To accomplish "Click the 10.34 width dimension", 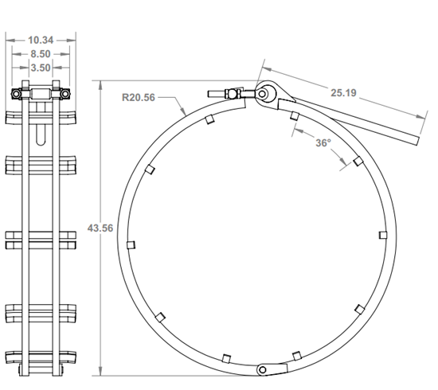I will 41,39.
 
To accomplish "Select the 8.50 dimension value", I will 41,54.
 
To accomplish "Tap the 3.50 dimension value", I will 41,68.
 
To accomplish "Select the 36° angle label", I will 322,144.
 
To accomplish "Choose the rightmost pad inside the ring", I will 383,235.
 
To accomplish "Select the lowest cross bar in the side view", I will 41,357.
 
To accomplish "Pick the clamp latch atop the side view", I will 41,95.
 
